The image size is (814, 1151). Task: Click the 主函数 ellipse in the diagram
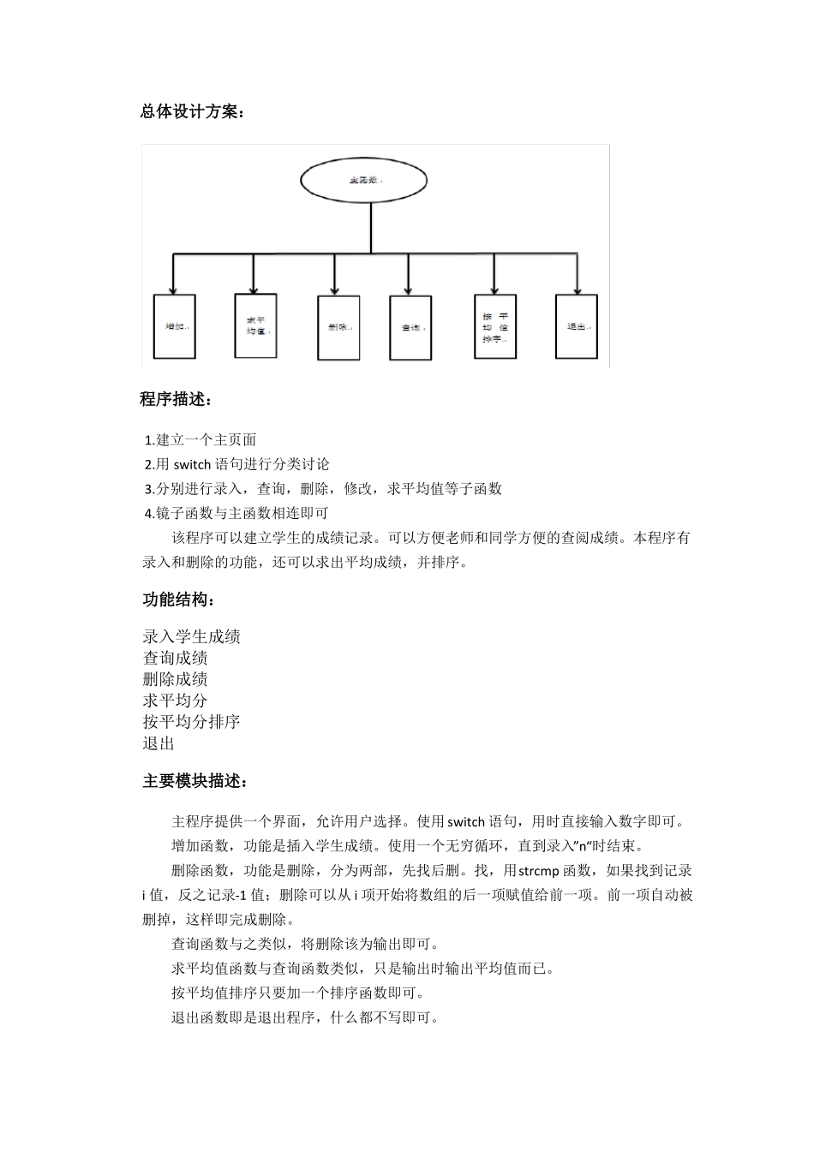point(363,181)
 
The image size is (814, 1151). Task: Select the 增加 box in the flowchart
point(174,326)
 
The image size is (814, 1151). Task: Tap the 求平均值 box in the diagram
point(256,325)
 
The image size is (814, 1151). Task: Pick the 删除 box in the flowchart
point(338,327)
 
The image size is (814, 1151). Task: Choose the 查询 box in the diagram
point(410,327)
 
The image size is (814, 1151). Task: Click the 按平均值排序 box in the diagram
point(495,326)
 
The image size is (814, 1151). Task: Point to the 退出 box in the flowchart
point(576,326)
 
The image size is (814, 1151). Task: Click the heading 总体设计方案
point(192,111)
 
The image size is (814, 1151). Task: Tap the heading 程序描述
point(176,399)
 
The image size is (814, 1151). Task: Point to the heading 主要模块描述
point(195,781)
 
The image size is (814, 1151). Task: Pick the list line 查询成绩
point(175,658)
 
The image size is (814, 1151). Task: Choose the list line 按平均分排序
point(191,721)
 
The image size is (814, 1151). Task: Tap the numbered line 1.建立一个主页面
point(201,440)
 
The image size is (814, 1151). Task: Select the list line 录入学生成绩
point(191,636)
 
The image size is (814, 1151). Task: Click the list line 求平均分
point(175,700)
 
